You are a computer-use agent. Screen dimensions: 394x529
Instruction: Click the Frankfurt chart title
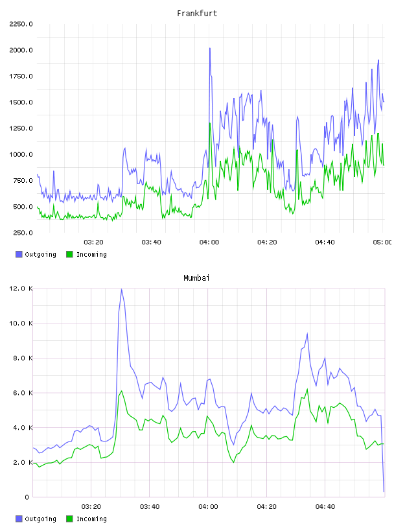tap(197, 13)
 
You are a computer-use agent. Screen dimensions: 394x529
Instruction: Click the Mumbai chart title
tap(196, 277)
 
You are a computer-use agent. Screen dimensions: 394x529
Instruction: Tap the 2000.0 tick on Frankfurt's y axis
tap(21, 50)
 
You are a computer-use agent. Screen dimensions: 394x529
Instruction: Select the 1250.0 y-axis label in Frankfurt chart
tap(21, 128)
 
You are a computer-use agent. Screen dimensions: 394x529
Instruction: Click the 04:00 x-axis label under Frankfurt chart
tap(209, 242)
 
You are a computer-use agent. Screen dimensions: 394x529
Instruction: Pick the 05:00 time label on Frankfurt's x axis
tap(382, 242)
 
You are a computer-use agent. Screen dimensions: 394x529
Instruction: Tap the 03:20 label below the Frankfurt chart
tap(93, 242)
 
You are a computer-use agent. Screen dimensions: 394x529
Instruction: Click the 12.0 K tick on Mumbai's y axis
tap(21, 288)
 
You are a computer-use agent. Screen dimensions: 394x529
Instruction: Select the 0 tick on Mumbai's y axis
tap(27, 497)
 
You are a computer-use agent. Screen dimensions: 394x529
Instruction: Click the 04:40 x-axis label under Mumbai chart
tap(325, 506)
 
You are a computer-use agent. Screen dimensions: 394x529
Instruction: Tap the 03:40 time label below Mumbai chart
tap(150, 506)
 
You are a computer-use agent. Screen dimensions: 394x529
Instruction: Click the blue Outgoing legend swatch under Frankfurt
tap(19, 254)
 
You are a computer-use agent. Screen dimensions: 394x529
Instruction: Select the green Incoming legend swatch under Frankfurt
tap(69, 254)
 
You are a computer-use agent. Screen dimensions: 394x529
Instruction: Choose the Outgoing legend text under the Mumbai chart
tap(40, 519)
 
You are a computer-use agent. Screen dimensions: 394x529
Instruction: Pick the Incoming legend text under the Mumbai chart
tap(91, 519)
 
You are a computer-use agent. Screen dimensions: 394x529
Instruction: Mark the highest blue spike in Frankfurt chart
tap(210, 48)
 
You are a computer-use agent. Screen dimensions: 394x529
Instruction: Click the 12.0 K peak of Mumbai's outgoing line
tap(121, 289)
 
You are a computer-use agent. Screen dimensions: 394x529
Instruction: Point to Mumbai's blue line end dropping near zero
tap(384, 491)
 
